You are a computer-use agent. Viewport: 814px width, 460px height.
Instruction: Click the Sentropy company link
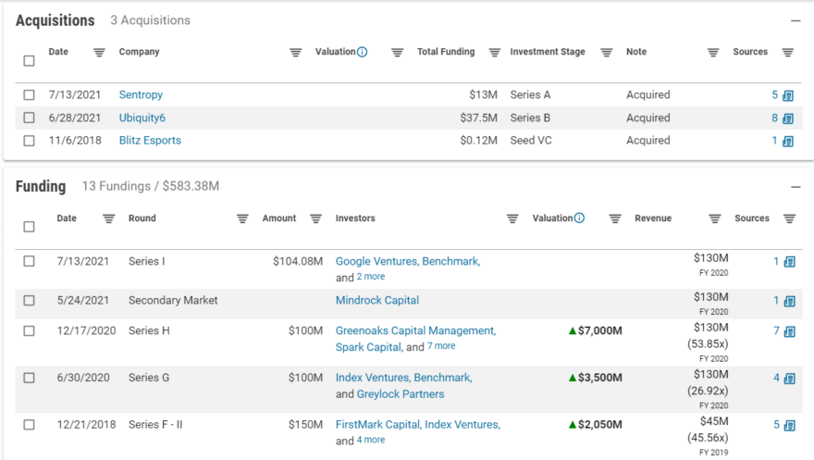click(x=141, y=94)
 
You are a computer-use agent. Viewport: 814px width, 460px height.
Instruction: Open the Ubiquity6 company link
click(x=142, y=118)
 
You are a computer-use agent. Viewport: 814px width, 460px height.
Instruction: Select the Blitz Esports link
click(x=150, y=141)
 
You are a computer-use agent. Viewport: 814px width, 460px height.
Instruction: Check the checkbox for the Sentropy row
click(x=29, y=94)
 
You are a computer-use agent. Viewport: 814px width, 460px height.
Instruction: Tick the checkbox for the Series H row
click(x=29, y=330)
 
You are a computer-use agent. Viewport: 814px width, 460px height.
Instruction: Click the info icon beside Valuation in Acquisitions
click(x=362, y=52)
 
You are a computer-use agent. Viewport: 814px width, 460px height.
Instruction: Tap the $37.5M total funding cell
click(x=478, y=118)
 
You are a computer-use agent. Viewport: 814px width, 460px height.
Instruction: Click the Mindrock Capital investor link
click(x=376, y=300)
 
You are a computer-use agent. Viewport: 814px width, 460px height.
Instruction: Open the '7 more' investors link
click(x=441, y=346)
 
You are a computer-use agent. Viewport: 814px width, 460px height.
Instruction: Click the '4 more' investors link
click(x=371, y=441)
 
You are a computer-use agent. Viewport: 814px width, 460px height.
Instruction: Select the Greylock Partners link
click(x=401, y=393)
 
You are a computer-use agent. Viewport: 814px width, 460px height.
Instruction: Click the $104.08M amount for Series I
click(x=297, y=261)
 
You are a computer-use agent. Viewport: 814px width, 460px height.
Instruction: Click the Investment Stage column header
click(x=548, y=52)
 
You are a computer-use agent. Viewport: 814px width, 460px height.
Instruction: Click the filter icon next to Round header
click(x=242, y=218)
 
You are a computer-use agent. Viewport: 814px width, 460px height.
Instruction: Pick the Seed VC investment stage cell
click(x=532, y=141)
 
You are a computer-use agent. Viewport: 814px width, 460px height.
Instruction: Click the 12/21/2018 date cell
click(x=86, y=424)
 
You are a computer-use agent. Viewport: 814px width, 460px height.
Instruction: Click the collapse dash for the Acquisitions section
click(x=795, y=20)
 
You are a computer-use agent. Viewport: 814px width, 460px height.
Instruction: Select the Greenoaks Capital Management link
click(x=415, y=330)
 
